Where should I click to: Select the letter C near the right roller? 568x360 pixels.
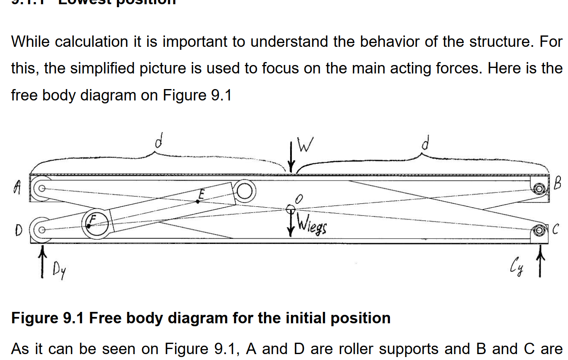click(555, 230)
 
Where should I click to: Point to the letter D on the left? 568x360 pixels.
click(18, 230)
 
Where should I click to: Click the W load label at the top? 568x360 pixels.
click(306, 146)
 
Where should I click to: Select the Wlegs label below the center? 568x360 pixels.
click(311, 227)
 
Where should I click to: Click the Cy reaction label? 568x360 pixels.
click(517, 267)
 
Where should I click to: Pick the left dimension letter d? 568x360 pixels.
click(158, 141)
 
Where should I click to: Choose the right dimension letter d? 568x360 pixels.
click(426, 143)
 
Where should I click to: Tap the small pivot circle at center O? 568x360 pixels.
click(291, 209)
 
